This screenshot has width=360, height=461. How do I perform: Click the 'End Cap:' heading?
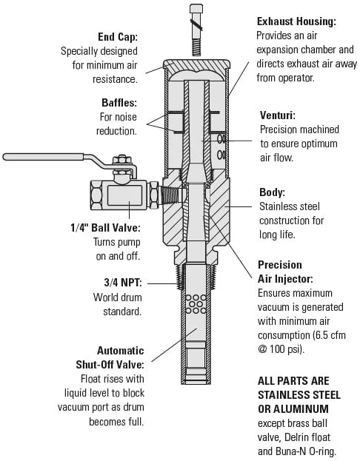coord(118,37)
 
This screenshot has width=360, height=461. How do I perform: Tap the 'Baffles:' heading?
coord(119,103)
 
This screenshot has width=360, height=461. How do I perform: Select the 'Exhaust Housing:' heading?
coord(296,21)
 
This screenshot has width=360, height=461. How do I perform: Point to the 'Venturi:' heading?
coord(277,115)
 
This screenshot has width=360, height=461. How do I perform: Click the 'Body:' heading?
coord(272,192)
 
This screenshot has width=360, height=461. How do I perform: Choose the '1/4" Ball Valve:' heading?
coord(105,228)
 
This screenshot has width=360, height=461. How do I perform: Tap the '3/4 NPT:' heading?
coord(123,283)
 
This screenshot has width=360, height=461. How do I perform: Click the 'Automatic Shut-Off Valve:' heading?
coord(110,357)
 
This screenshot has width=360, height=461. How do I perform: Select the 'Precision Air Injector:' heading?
coord(285,272)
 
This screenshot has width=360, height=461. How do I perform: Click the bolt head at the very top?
coord(196,8)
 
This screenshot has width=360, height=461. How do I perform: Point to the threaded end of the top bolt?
coord(196,47)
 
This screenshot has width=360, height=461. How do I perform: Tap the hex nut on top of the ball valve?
coord(121,160)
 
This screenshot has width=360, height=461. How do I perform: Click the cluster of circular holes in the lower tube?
coord(196,304)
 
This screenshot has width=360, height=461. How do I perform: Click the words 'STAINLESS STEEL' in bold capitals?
coord(299,395)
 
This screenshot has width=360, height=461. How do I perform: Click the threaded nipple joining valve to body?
coord(170,195)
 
